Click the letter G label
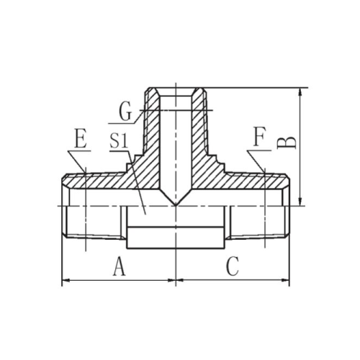point(125,111)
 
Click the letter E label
point(81,138)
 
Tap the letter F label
point(260,138)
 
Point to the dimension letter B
point(287,143)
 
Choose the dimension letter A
point(119,266)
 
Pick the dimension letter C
point(233,266)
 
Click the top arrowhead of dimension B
point(300,92)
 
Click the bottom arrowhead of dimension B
point(300,201)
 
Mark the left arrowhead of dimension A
point(66,280)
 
